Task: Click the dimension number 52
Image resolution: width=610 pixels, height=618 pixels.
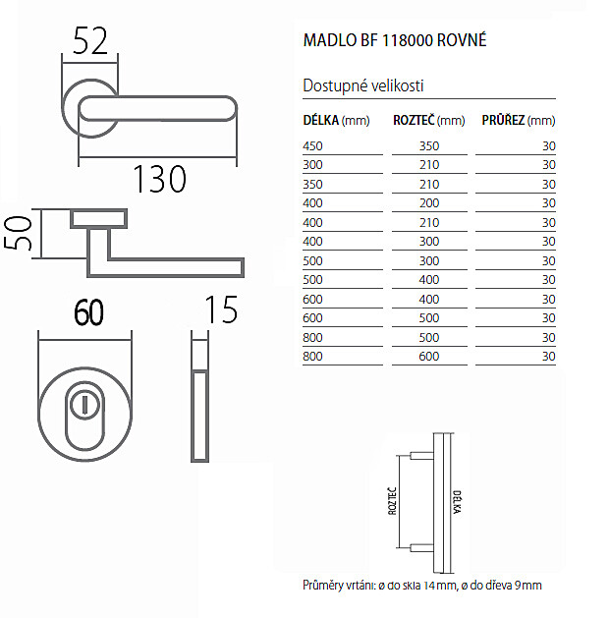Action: [90, 41]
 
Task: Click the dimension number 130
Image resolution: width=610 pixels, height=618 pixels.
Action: [159, 179]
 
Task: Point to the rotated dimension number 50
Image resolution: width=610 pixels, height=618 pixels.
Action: [18, 233]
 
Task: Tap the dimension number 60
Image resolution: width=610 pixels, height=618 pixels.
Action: [89, 312]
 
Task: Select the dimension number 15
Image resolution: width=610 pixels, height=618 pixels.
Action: [221, 309]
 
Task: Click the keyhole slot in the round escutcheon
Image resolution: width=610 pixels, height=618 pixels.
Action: [83, 406]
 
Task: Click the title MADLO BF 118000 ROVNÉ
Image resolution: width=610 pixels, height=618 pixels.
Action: [395, 40]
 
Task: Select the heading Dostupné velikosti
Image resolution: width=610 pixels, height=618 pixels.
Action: [362, 85]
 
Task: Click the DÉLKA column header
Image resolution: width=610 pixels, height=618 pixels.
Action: [336, 120]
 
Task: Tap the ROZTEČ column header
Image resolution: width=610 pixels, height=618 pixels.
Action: [429, 120]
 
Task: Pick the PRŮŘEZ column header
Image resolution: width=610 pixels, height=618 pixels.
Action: [519, 120]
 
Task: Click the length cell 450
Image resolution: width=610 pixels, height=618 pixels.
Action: [312, 146]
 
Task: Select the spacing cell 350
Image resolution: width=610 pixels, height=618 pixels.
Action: [429, 146]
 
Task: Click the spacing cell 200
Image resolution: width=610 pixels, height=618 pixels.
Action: [429, 203]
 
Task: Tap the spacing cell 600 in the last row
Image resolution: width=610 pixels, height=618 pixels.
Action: [429, 357]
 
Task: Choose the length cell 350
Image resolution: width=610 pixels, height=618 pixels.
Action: [312, 185]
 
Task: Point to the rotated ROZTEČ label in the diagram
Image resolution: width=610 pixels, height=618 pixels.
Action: [392, 501]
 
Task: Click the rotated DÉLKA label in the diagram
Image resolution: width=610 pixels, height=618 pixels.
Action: [457, 502]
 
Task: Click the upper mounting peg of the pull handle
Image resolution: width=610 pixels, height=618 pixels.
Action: [422, 456]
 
